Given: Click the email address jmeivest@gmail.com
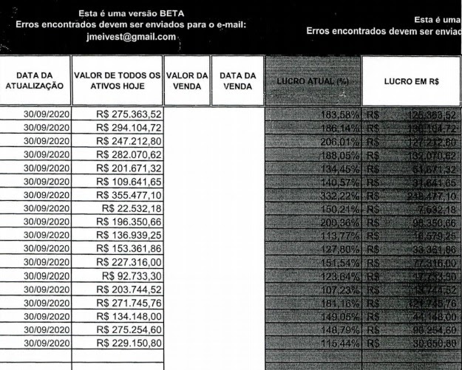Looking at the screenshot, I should point(131,37).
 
